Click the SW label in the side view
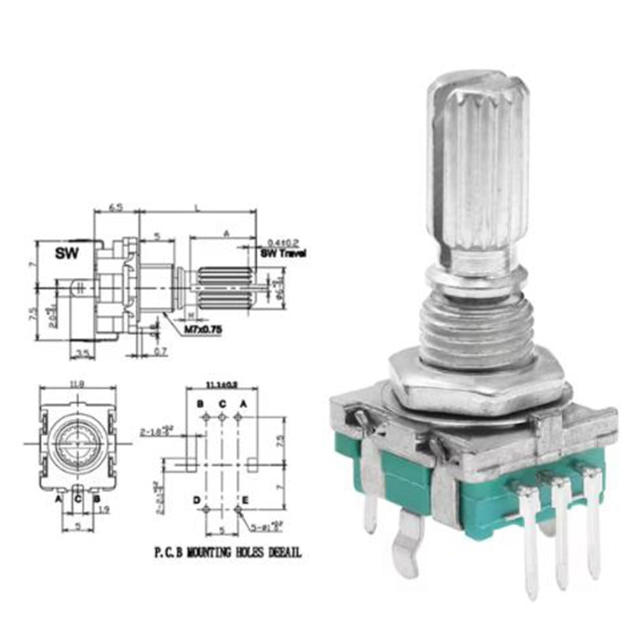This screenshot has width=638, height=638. pos(66,253)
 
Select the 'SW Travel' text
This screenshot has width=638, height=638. pos(283,253)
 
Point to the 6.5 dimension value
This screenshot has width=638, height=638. pos(115,208)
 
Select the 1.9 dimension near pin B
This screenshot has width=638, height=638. pos(105,509)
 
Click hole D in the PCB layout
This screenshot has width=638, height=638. pos(206,509)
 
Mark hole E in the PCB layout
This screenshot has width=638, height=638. pos(238,509)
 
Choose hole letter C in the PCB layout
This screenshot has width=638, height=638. pos(222,403)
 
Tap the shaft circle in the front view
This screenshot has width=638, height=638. pos(78,441)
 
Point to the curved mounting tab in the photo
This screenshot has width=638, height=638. pos(408,539)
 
